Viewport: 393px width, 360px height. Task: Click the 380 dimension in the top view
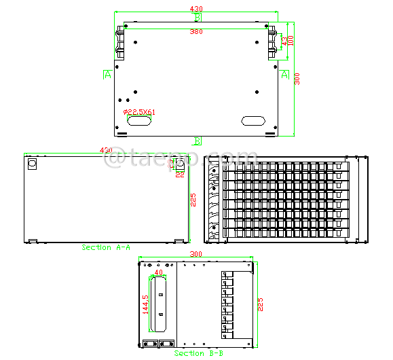[x=195, y=32]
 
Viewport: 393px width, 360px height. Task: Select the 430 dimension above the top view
[x=195, y=8]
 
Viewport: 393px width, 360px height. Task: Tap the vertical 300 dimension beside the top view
[x=297, y=79]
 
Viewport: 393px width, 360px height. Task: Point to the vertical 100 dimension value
[x=291, y=41]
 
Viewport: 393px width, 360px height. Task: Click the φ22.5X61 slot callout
[x=139, y=112]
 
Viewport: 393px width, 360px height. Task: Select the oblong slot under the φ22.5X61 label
[x=139, y=122]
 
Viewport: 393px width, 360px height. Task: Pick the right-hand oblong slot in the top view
[x=253, y=121]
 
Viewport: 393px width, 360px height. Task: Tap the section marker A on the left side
[x=107, y=75]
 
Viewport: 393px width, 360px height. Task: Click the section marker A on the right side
[x=284, y=74]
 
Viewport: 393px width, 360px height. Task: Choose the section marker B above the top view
[x=198, y=17]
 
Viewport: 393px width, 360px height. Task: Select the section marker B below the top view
[x=198, y=141]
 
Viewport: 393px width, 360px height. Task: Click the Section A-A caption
[x=106, y=248]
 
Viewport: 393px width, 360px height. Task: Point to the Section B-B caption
[x=198, y=353]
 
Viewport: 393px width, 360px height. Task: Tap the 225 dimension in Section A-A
[x=193, y=199]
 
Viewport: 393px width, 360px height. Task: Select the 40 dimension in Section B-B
[x=159, y=272]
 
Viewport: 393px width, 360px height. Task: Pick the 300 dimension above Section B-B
[x=195, y=253]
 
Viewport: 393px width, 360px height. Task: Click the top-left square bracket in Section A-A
[x=31, y=164]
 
